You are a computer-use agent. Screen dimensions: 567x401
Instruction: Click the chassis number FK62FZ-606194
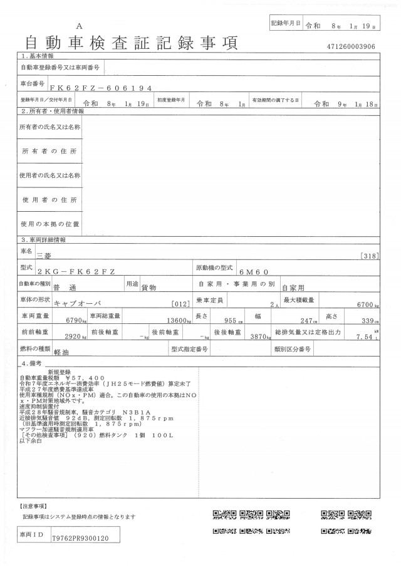click(102, 88)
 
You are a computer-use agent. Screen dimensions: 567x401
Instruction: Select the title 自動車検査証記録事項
click(131, 43)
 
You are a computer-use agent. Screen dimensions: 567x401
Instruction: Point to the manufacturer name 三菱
click(46, 256)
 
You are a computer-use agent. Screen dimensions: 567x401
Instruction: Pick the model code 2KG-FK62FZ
click(85, 273)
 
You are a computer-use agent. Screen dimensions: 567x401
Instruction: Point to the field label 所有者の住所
click(49, 152)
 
